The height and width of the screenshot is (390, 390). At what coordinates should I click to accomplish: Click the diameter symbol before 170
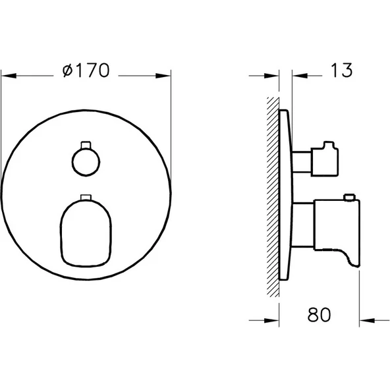67,72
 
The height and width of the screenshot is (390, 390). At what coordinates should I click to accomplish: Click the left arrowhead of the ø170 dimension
5,74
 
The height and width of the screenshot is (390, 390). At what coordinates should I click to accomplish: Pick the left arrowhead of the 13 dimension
275,74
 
